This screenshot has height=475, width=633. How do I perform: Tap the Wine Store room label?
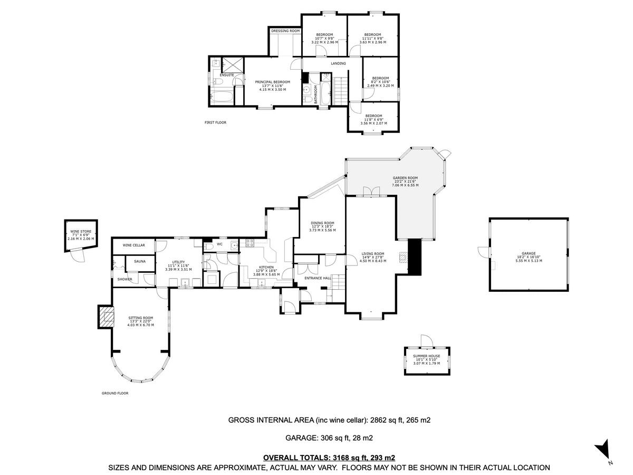[81, 232]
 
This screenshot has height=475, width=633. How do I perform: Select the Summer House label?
[427, 357]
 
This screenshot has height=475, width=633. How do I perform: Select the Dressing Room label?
[285, 31]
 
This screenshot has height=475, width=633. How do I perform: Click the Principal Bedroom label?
[273, 82]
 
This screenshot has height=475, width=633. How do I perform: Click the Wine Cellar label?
[134, 245]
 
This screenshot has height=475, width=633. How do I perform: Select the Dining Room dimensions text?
[322, 230]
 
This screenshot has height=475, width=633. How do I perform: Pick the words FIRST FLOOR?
[215, 122]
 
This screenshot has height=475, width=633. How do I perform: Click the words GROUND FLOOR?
[115, 393]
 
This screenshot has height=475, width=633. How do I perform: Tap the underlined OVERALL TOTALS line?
[329, 458]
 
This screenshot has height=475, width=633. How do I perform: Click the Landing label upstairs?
[338, 64]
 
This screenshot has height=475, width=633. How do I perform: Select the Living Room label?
[373, 253]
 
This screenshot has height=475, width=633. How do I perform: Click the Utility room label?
[177, 262]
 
